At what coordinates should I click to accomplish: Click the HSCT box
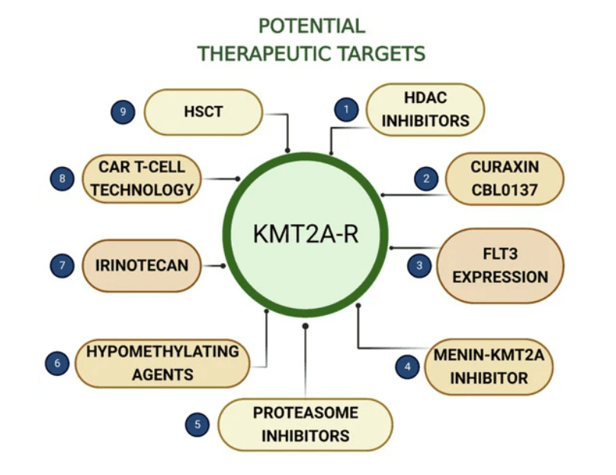[x=204, y=111]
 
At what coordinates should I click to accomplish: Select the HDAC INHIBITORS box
[x=425, y=109]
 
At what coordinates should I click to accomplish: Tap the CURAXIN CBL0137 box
[x=504, y=179]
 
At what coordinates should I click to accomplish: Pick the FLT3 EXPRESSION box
[x=499, y=265]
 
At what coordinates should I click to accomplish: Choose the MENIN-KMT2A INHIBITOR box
[x=489, y=366]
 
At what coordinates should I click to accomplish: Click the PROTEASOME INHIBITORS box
[x=305, y=425]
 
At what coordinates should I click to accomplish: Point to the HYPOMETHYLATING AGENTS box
[x=162, y=363]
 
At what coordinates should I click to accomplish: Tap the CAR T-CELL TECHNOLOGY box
[x=142, y=179]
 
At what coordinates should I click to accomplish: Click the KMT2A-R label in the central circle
[x=305, y=233]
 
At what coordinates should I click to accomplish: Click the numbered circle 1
[x=346, y=110]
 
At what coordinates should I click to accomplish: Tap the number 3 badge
[x=419, y=265]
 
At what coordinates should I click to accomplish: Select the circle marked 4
[x=407, y=366]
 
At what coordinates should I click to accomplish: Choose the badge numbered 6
[x=56, y=363]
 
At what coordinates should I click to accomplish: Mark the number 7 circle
[x=62, y=265]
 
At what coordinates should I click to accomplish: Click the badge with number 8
[x=63, y=179]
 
